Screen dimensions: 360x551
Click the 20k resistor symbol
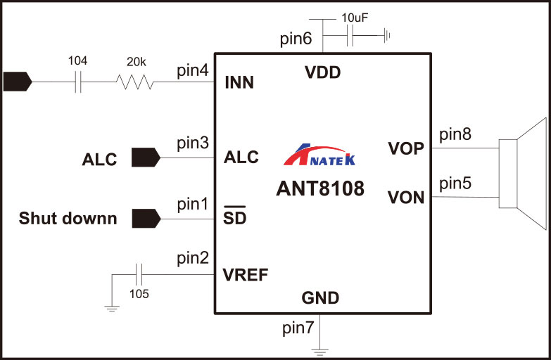(x=134, y=82)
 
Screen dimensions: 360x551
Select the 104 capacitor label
(x=77, y=61)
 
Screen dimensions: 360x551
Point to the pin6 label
(x=296, y=39)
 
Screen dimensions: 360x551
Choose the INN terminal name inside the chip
(x=239, y=84)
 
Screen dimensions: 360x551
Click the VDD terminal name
(x=322, y=72)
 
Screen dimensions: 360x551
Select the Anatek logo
(x=319, y=155)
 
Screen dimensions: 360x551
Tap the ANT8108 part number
(x=320, y=188)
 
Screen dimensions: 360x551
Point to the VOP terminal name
(x=406, y=148)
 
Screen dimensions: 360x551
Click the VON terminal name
(x=406, y=198)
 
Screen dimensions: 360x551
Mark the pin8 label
(x=454, y=134)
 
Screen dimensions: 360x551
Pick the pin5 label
(x=454, y=184)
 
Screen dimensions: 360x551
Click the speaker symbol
(x=521, y=173)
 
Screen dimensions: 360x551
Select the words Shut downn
(x=68, y=218)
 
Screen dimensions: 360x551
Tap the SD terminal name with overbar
(x=234, y=218)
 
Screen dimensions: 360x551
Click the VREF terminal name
(x=246, y=274)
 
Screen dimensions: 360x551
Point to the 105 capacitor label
(x=139, y=295)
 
